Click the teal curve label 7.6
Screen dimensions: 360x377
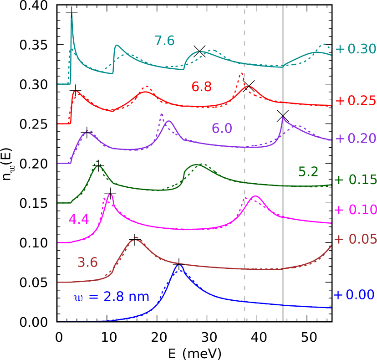pos(164,41)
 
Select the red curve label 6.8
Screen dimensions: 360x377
pos(201,87)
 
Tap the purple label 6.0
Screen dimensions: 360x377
pos(222,129)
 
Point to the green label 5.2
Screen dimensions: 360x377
pos(308,172)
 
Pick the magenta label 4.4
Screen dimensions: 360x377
pos(78,220)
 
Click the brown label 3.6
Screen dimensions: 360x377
pos(87,262)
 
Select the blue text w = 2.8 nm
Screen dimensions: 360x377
pos(111,297)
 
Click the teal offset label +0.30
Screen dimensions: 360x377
pos(355,49)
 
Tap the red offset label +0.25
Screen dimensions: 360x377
pos(355,101)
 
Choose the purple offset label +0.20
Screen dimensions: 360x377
pos(355,139)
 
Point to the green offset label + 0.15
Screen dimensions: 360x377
pos(355,180)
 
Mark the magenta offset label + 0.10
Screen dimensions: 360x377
pos(355,210)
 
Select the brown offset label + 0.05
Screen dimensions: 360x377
pos(355,239)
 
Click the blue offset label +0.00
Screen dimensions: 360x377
pos(354,295)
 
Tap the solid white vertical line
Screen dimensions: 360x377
pos(283,228)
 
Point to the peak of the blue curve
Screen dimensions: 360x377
pos(179,265)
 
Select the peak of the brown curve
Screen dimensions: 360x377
pos(135,239)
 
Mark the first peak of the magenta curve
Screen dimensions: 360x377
pos(109,195)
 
